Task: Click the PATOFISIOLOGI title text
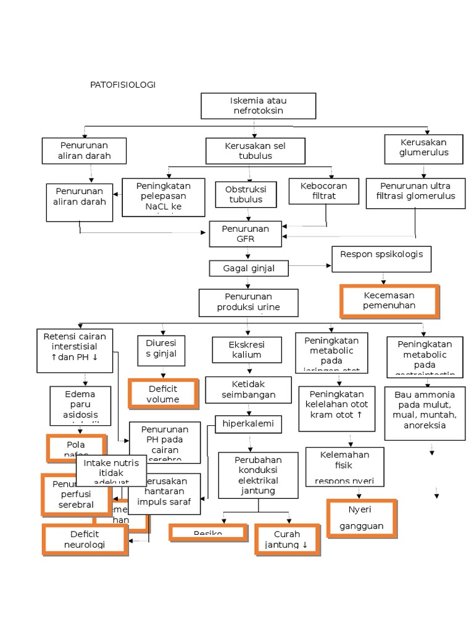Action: tap(122, 85)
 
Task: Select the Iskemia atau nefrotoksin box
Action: tap(258, 106)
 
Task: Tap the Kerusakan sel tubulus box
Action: tap(255, 150)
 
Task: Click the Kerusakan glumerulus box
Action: tap(423, 148)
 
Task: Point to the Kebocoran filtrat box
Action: tap(323, 191)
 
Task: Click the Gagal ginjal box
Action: tap(248, 268)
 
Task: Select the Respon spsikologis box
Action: tap(381, 259)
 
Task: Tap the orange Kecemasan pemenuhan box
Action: tap(389, 300)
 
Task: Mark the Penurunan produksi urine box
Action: tap(248, 303)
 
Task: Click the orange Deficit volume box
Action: tap(164, 394)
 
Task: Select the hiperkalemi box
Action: tap(249, 424)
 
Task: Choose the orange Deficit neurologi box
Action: tap(86, 539)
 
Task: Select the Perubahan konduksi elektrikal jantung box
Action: tap(258, 475)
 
